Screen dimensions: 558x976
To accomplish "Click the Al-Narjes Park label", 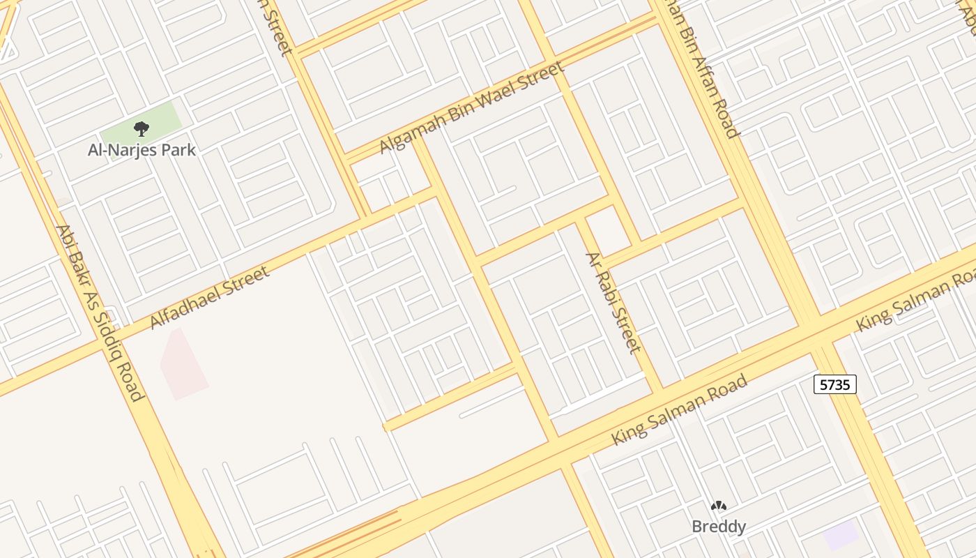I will click(142, 150).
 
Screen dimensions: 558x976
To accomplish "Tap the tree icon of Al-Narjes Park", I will click(142, 129).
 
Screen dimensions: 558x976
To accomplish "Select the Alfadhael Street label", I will click(210, 298).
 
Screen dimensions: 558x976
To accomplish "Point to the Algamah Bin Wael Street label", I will click(471, 108).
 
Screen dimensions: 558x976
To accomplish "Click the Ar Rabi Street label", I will click(613, 302).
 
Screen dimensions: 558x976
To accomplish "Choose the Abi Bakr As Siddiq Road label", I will click(99, 313).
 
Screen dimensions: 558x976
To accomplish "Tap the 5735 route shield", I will click(834, 384).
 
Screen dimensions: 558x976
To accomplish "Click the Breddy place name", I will click(719, 527).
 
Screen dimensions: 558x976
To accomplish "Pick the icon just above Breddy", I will click(719, 506).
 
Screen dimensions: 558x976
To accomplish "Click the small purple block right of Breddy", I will click(840, 535).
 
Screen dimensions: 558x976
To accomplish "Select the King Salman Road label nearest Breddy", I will click(680, 409).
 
